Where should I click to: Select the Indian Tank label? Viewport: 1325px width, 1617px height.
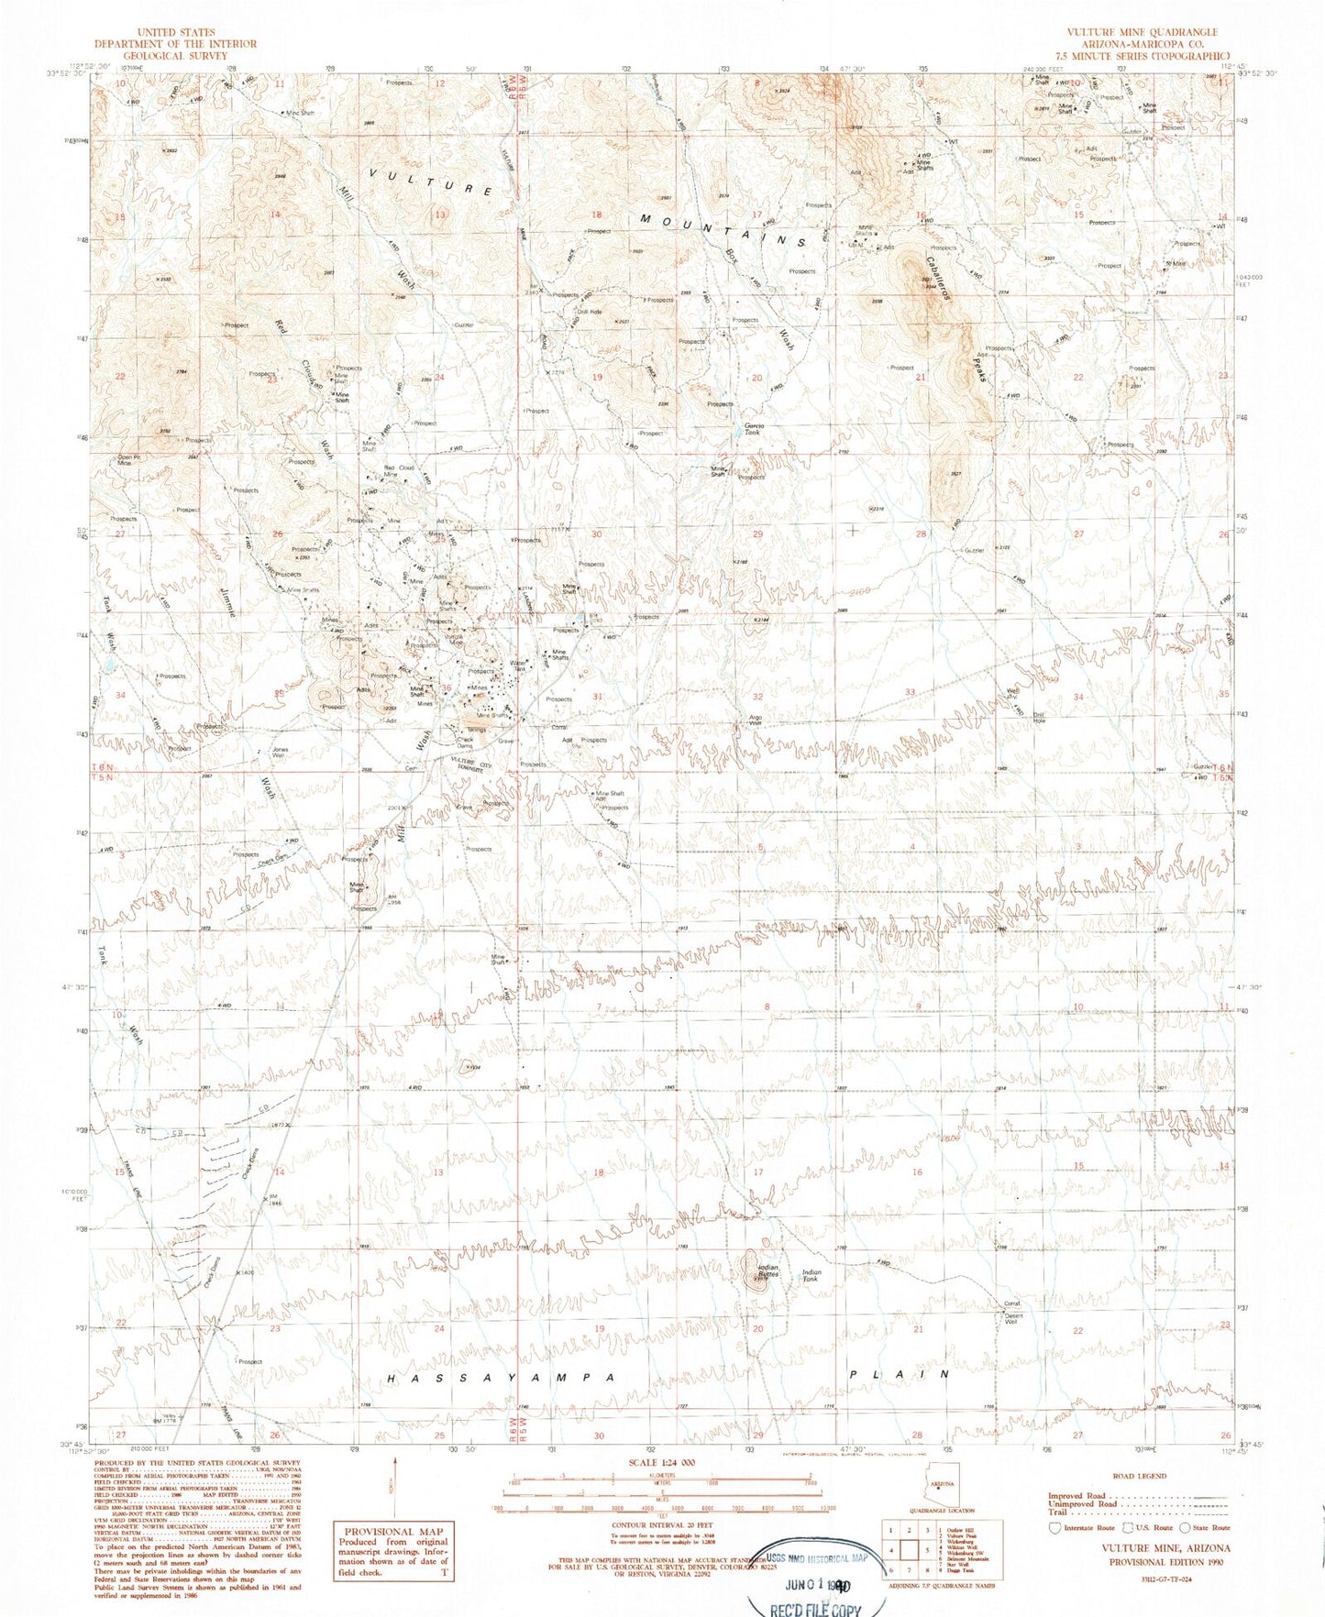coord(812,1275)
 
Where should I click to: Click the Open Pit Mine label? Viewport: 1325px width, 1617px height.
coord(129,460)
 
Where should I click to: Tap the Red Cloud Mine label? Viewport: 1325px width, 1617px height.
coord(398,470)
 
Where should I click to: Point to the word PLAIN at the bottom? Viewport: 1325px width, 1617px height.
coord(900,1374)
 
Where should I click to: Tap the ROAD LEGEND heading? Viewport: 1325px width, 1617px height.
coord(1139,1476)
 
